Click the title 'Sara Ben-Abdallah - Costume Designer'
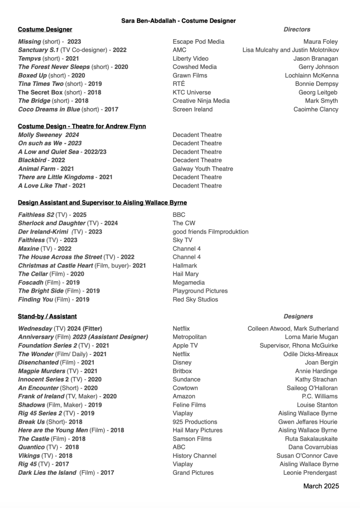pyautogui.click(x=179, y=21)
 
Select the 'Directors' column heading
pyautogui.click(x=297, y=30)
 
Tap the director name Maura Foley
pyautogui.click(x=321, y=42)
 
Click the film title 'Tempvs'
pyautogui.click(x=29, y=59)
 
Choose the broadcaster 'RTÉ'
pyautogui.click(x=179, y=84)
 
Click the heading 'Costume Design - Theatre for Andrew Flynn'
pyautogui.click(x=82, y=127)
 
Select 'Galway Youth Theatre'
pyautogui.click(x=202, y=169)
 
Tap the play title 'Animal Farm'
pyautogui.click(x=38, y=169)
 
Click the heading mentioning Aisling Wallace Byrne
pyautogui.click(x=102, y=203)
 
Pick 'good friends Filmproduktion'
pyautogui.click(x=210, y=232)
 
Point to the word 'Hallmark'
pyautogui.click(x=185, y=265)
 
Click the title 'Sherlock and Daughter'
pyautogui.click(x=52, y=223)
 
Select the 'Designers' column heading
pyautogui.click(x=298, y=317)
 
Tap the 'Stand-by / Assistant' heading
pyautogui.click(x=47, y=317)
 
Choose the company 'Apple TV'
pyautogui.click(x=185, y=346)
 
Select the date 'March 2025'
pyautogui.click(x=321, y=486)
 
